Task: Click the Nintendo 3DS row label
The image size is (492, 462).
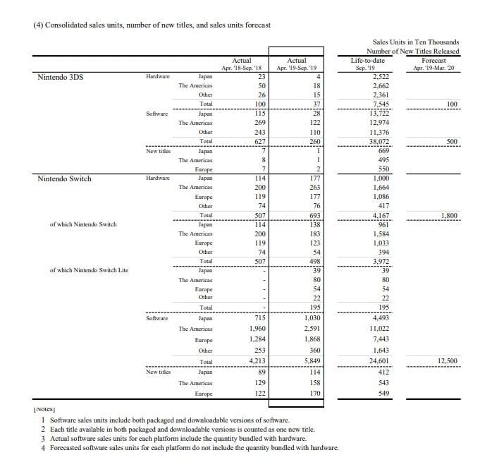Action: (60, 77)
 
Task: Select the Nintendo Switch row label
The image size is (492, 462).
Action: (64, 178)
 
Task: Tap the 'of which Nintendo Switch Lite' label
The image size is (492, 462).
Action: (89, 270)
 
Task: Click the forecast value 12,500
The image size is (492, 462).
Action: (448, 361)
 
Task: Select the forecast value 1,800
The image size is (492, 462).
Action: (451, 215)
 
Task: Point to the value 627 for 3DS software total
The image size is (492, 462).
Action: (258, 140)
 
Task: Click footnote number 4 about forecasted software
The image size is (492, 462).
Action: (190, 448)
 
